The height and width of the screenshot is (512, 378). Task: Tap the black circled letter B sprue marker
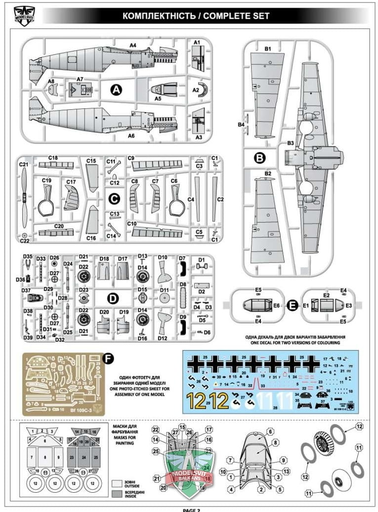pos(259,158)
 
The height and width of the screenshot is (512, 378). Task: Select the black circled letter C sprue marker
pos(114,198)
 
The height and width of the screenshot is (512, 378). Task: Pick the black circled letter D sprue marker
pos(113,298)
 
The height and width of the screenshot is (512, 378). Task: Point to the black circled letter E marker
pos(292,306)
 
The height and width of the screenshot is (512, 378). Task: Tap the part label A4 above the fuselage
pos(132,46)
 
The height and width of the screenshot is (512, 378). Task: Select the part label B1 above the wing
pos(268,49)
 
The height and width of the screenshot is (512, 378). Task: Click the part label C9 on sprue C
pos(131,158)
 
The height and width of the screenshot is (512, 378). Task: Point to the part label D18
pos(104,258)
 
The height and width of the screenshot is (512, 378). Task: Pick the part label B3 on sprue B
pos(291,144)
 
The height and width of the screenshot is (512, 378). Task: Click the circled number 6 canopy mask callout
pos(270,432)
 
